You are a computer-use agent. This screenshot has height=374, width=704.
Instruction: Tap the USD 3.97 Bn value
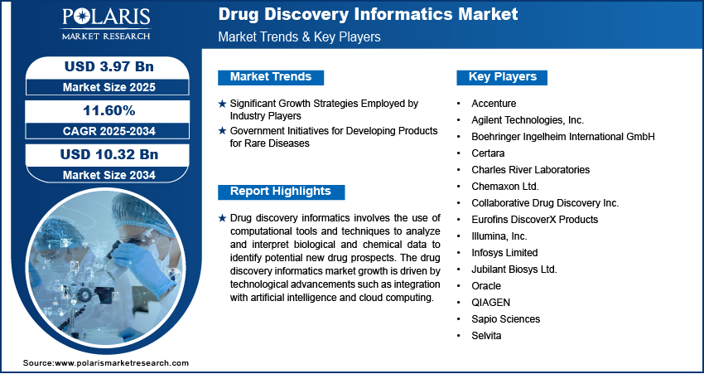(x=109, y=66)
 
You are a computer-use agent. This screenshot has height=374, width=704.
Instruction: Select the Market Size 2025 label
(x=109, y=87)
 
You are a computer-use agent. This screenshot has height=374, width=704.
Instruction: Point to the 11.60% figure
(x=109, y=110)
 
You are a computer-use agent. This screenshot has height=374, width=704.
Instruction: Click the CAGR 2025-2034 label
(x=109, y=131)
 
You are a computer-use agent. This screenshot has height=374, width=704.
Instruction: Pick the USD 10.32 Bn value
(x=109, y=154)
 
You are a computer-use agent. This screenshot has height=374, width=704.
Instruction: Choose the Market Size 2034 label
(x=109, y=175)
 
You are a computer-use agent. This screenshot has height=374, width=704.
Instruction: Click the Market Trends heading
(x=271, y=77)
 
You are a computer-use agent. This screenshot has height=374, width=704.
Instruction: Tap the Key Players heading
(x=503, y=77)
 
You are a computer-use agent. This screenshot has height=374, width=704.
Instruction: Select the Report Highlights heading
(x=281, y=191)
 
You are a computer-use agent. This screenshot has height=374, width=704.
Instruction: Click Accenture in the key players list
(x=494, y=104)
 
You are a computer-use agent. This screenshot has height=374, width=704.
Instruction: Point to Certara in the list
(x=488, y=153)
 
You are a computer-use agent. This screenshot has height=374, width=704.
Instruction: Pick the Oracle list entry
(x=486, y=286)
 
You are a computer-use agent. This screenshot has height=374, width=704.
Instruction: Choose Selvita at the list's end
(x=486, y=336)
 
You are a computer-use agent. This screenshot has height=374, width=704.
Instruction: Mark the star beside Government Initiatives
(x=222, y=131)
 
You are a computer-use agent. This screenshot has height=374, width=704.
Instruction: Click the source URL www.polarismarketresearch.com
(x=122, y=362)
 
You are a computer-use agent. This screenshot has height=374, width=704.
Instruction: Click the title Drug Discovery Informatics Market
(x=369, y=14)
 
